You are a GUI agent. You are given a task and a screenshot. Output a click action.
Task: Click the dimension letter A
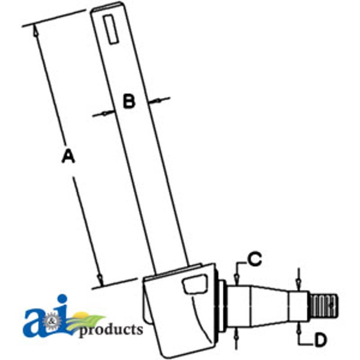[x=68, y=156]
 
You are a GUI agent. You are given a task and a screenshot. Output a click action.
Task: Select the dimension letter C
[x=255, y=259]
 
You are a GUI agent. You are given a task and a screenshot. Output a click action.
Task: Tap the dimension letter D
[x=320, y=340]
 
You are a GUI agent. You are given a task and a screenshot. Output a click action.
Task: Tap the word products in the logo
[x=111, y=330]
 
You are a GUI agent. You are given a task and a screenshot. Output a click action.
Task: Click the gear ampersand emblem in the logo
[x=52, y=321]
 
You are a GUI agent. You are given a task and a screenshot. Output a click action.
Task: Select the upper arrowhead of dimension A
[x=36, y=31]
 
